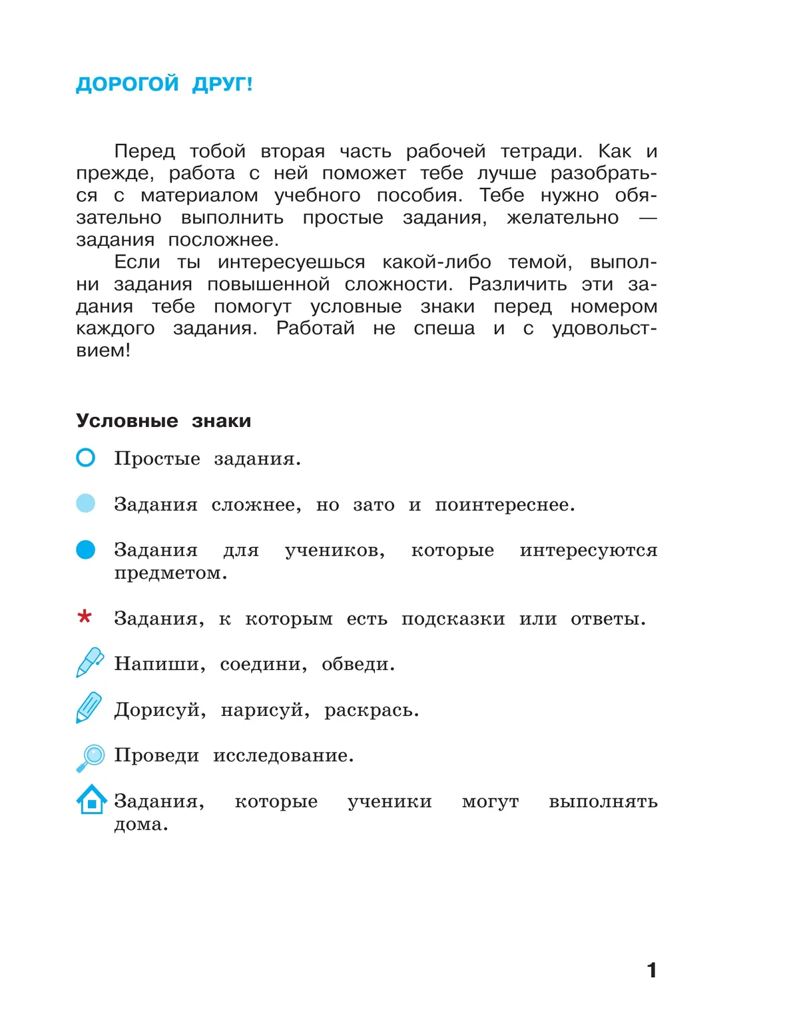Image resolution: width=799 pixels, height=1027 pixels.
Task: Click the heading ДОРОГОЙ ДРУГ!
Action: (164, 85)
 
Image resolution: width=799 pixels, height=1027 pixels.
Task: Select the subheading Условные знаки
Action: (163, 421)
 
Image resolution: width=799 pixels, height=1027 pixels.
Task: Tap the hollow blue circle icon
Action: (86, 458)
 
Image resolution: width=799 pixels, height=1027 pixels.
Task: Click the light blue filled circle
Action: (86, 503)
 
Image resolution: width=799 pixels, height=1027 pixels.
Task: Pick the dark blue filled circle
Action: (86, 549)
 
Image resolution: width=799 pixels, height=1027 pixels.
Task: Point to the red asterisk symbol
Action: (85, 617)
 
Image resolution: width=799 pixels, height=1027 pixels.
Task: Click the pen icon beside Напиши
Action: (90, 662)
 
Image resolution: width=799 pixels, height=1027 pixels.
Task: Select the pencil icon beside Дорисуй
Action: (89, 707)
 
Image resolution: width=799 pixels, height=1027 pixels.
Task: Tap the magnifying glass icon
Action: (91, 757)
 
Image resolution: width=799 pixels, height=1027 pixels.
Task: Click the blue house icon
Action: (92, 799)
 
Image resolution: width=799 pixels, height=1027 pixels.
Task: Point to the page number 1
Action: (652, 970)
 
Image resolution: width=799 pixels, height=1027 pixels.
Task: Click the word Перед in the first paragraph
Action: (144, 152)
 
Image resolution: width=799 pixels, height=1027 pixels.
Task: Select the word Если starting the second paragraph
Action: (137, 262)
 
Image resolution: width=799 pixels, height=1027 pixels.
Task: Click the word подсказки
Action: (453, 619)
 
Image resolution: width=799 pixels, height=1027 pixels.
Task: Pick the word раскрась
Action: (370, 711)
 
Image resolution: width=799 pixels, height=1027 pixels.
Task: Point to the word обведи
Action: (357, 665)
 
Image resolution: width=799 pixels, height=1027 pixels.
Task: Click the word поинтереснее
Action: (503, 505)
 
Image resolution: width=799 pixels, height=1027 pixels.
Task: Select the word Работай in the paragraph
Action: (315, 328)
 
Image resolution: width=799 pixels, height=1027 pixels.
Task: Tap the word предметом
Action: (169, 573)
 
